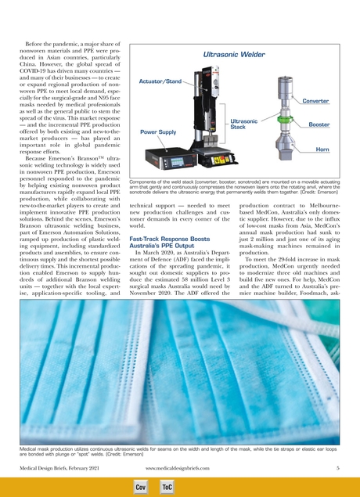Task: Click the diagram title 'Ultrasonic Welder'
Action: pos(232,56)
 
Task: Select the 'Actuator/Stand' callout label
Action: pos(160,81)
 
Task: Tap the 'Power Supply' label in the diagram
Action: pos(158,133)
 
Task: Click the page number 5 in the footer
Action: pos(337,467)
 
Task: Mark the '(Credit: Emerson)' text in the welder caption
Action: pos(329,192)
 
